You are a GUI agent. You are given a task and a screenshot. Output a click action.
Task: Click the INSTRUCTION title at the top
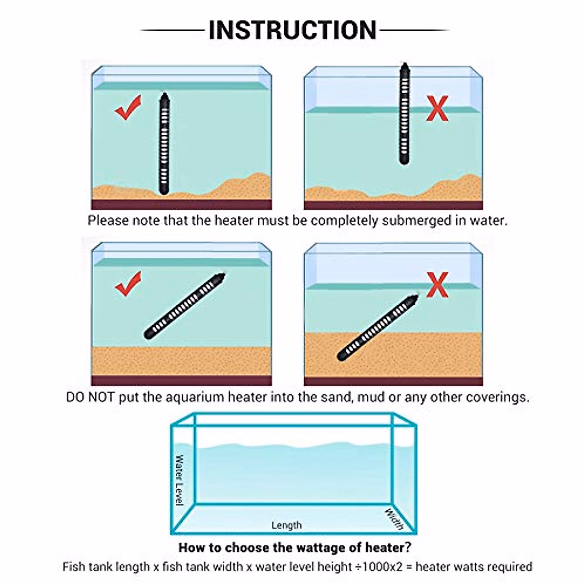293,30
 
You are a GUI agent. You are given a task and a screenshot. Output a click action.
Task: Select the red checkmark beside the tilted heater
128,284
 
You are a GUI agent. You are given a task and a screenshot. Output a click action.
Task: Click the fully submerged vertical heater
163,144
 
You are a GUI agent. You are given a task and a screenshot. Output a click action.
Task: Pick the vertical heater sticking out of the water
404,114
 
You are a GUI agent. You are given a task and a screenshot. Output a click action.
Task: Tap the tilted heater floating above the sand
186,306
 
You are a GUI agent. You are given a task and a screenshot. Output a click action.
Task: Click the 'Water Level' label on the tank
180,480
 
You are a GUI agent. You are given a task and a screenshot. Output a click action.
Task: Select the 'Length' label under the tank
287,525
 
